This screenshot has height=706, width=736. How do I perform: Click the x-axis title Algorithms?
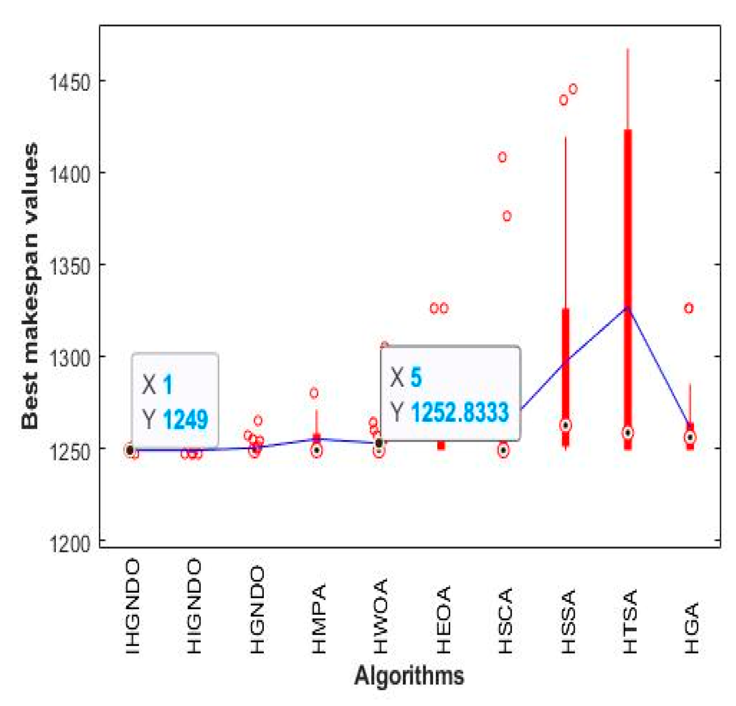pos(409,675)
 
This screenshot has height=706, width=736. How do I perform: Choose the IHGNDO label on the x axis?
pos(132,607)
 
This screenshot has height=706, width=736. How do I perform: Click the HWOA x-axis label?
pos(381,616)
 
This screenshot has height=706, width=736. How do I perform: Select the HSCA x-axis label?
pos(506,621)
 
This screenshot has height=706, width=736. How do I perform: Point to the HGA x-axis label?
pos(692,628)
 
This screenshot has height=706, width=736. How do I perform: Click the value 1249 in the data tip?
pos(185,420)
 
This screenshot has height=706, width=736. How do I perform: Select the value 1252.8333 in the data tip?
pos(459,413)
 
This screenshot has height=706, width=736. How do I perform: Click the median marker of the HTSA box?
pos(627,433)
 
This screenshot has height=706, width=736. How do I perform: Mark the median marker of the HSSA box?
pos(565,425)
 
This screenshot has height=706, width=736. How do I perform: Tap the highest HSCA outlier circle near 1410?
pos(502,157)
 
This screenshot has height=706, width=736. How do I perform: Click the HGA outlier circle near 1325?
pos(689,308)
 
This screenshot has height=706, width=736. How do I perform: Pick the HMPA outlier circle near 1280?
pos(314,393)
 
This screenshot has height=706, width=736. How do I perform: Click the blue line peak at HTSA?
pos(627,308)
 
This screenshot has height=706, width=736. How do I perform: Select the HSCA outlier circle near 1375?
pos(507,216)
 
